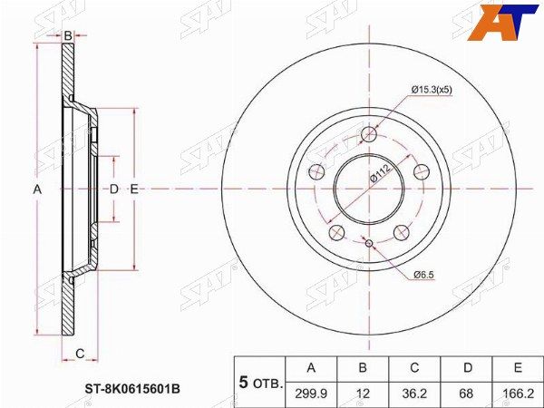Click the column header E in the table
[518, 367]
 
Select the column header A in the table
[311, 367]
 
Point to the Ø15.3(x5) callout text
[437, 90]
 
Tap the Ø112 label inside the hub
[379, 174]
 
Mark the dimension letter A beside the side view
[37, 189]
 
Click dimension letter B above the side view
[68, 36]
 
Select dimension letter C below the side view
[80, 353]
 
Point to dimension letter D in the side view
[113, 189]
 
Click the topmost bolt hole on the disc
[368, 134]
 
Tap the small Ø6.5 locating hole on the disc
[368, 242]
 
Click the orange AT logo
[501, 19]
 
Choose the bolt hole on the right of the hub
[420, 171]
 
